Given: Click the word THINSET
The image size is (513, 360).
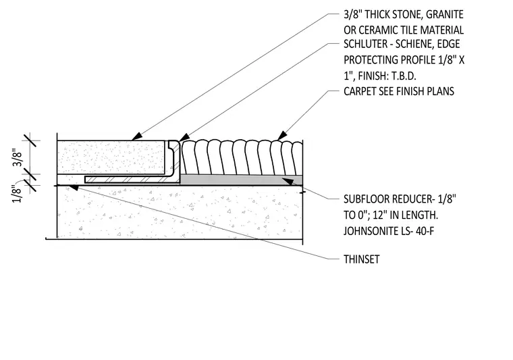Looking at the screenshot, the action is coord(362,259).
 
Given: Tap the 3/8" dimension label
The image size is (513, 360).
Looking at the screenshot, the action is coord(18,159).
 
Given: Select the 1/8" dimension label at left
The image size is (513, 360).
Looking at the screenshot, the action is coord(17,194).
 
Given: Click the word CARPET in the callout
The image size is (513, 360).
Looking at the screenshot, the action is coord(360,91).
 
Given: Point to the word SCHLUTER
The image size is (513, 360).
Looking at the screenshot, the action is coord(361,44).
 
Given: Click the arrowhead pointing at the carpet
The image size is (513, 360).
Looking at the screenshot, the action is coord(281,136).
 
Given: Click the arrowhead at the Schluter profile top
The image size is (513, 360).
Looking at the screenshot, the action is coord(184,138).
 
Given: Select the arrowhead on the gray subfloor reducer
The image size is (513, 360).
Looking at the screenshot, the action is coord(287,181).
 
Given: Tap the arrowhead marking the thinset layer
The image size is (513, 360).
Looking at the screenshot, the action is coord(73,187).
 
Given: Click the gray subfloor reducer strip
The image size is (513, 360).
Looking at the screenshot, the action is coord(241,180).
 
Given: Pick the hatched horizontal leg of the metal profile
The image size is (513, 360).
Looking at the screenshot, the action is coord(132,180).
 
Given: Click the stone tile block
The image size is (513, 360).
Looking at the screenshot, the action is coord(111,157).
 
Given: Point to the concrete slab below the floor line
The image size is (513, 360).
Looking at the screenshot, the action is coord(180,212).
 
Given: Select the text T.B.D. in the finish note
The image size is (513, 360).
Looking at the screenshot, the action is coord(403,76).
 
